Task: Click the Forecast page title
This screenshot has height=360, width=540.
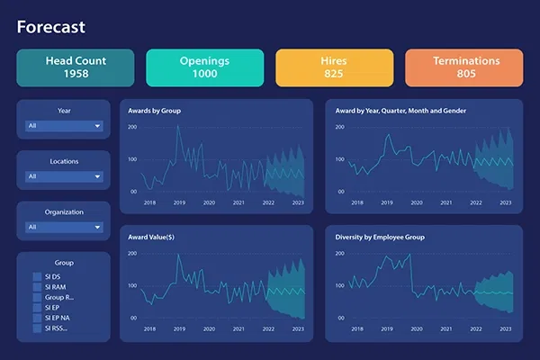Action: tap(50, 27)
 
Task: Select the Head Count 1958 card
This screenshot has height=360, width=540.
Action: tap(75, 67)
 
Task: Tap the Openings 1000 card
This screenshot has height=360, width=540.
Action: tap(204, 67)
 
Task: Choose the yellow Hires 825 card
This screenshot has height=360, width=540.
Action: tap(334, 67)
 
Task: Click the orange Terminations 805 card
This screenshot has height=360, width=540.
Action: tap(464, 67)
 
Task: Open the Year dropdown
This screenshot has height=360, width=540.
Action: tap(64, 126)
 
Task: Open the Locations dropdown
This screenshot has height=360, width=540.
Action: tap(64, 176)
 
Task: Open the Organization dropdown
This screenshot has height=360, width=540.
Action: tap(64, 227)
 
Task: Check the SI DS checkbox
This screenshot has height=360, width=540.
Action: tap(37, 276)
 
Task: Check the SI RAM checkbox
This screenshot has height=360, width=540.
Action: tap(37, 287)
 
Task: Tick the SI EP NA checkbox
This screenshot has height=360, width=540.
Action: tap(37, 318)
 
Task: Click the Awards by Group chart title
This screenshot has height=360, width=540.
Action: tap(156, 111)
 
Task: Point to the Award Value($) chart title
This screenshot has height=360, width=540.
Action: tap(152, 238)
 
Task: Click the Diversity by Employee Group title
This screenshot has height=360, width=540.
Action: tap(379, 238)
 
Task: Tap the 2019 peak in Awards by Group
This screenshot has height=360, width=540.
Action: tap(177, 125)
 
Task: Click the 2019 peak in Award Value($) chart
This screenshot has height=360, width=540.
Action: tap(177, 256)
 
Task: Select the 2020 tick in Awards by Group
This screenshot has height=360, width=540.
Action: tap(209, 202)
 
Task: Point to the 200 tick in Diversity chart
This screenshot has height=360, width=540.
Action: tap(340, 254)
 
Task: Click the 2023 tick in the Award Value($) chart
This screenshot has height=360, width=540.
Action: tap(298, 329)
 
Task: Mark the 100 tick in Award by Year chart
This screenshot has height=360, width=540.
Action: tap(340, 159)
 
